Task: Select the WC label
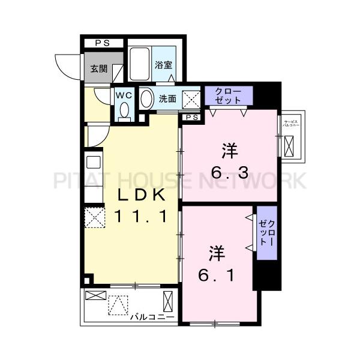point(124,95)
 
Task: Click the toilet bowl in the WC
point(124,110)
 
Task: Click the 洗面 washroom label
point(167,99)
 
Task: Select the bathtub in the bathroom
point(139,65)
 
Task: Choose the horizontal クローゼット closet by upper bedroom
point(228,95)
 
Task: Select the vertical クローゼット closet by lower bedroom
point(266,233)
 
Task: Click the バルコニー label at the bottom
point(152,316)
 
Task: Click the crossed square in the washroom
point(191,98)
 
